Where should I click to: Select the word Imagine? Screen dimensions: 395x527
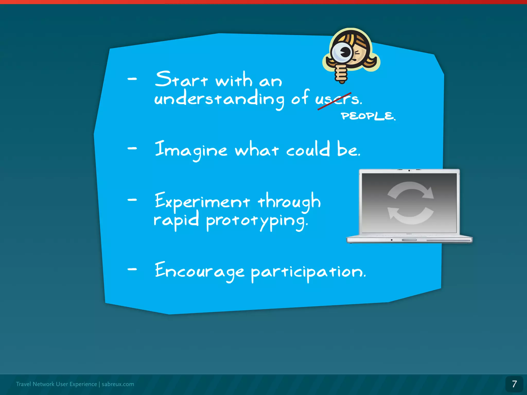point(191,150)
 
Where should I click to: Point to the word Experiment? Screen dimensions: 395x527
point(202,201)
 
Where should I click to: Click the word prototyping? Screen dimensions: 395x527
point(257,221)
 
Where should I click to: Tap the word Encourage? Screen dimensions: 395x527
point(199,271)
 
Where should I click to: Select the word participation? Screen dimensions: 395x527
point(308,272)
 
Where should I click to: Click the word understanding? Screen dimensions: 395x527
point(219,99)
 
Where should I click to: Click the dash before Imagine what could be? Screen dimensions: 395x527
point(132,148)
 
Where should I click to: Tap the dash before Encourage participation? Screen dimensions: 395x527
point(132,269)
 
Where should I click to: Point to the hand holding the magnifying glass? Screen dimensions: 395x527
point(341,73)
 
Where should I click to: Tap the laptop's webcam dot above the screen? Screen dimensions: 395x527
point(409,170)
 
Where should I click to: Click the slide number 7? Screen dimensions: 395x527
point(514,384)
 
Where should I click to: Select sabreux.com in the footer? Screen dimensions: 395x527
point(118,384)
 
